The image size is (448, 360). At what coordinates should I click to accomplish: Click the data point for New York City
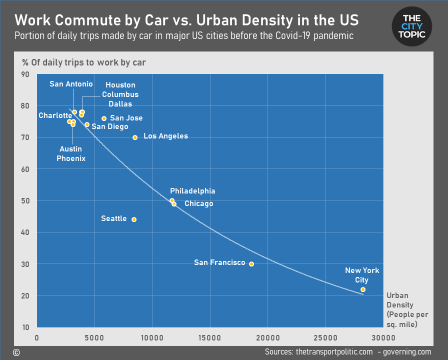click(363, 289)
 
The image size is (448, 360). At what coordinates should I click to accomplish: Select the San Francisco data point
click(251, 264)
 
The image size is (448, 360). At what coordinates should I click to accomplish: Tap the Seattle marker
click(134, 219)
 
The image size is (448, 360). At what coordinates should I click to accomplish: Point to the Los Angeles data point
click(135, 137)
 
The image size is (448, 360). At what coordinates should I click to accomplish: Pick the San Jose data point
click(104, 118)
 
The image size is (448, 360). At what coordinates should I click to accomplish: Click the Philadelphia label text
click(192, 191)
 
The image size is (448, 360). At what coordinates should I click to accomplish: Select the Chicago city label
click(199, 203)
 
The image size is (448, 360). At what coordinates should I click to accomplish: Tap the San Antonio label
click(71, 83)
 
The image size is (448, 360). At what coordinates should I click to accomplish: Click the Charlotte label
click(55, 115)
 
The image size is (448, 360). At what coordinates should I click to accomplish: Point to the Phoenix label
click(71, 158)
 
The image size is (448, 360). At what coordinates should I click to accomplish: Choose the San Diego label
click(110, 126)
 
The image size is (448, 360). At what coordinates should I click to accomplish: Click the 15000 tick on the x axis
click(209, 337)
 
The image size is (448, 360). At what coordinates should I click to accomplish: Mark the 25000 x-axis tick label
click(325, 337)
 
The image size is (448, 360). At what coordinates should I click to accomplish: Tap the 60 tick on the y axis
click(25, 169)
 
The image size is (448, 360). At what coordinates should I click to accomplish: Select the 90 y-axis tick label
click(25, 74)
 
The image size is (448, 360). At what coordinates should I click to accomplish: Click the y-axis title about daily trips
click(84, 62)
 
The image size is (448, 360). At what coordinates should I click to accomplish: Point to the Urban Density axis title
click(407, 309)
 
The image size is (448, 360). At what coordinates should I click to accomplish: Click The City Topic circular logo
click(411, 26)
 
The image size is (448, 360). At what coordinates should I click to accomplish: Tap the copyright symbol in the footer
click(16, 352)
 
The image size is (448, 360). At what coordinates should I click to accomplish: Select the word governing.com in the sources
click(407, 351)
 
